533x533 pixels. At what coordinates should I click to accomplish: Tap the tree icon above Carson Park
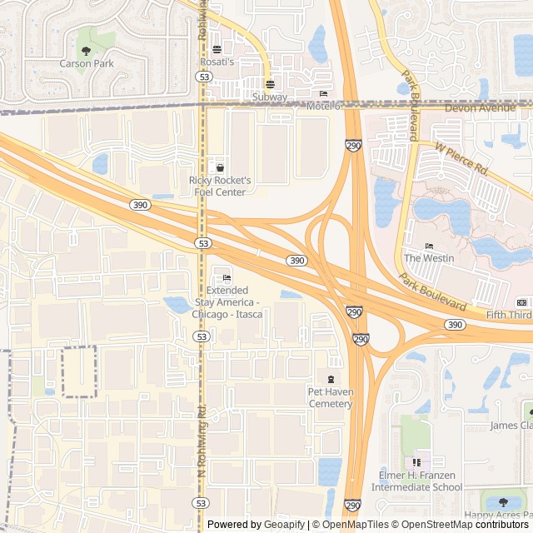pyautogui.click(x=86, y=51)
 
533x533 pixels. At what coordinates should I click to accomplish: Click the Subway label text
pyautogui.click(x=270, y=97)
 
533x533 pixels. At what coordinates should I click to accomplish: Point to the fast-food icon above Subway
pyautogui.click(x=270, y=84)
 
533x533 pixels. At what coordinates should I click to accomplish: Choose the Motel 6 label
pyautogui.click(x=324, y=106)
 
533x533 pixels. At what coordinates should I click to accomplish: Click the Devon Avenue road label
pyautogui.click(x=481, y=108)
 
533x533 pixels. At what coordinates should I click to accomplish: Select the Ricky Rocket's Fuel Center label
pyautogui.click(x=220, y=186)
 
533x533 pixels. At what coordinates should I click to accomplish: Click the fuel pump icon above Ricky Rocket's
pyautogui.click(x=220, y=167)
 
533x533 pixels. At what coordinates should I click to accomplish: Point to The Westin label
pyautogui.click(x=429, y=258)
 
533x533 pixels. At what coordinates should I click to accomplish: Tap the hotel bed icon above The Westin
pyautogui.click(x=429, y=246)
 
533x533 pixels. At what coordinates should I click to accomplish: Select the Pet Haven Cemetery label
pyautogui.click(x=331, y=397)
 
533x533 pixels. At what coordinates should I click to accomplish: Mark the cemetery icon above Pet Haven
pyautogui.click(x=331, y=380)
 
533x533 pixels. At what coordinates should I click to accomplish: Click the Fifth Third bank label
pyautogui.click(x=509, y=315)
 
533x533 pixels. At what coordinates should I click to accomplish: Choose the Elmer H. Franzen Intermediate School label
pyautogui.click(x=420, y=481)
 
